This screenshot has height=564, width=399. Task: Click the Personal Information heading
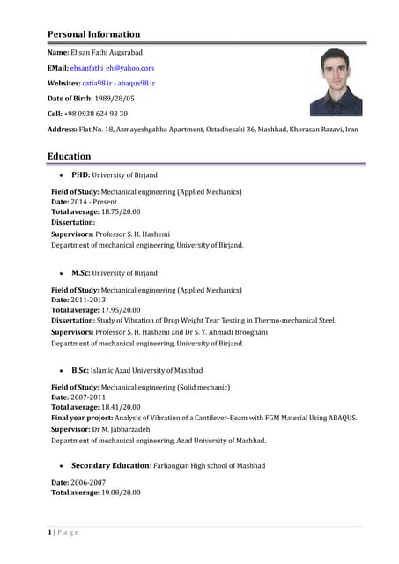point(93,34)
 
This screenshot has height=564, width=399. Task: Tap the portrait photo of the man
point(336,82)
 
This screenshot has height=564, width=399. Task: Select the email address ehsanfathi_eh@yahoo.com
point(113,67)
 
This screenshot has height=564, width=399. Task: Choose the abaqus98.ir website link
point(137,82)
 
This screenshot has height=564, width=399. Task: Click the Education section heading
point(69,156)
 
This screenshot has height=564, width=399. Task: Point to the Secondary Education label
point(110,465)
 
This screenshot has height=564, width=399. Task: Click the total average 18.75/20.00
point(120,211)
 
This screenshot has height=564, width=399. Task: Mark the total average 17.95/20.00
point(120,310)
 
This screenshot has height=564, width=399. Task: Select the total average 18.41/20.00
point(120,407)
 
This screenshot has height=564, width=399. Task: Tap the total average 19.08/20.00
point(120,492)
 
